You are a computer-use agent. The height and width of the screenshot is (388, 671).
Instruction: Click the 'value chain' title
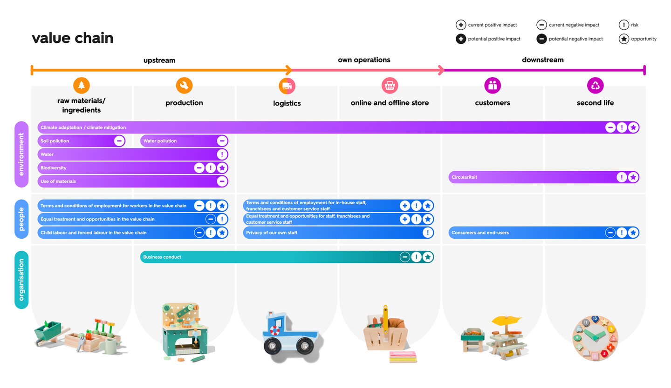(73, 38)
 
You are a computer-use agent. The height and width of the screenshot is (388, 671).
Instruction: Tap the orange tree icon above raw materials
(82, 86)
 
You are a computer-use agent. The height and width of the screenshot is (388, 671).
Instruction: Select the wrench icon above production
(184, 86)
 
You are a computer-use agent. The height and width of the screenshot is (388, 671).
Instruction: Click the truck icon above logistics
(287, 86)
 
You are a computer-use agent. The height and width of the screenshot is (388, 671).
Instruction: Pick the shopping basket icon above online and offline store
(390, 86)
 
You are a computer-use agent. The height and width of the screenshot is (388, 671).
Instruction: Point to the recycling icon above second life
(595, 86)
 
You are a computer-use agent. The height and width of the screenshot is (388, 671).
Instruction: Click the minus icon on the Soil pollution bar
(119, 141)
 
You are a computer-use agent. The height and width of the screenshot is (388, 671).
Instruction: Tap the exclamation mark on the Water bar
(222, 154)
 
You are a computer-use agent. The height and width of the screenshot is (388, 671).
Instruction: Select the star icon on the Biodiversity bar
(222, 168)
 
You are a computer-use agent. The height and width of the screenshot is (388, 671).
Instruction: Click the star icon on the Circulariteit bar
(633, 177)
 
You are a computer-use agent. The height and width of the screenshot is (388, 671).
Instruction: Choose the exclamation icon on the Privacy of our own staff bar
(428, 233)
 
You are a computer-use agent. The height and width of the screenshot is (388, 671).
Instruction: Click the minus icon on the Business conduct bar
(404, 257)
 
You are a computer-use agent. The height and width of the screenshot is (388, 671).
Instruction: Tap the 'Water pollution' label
(160, 141)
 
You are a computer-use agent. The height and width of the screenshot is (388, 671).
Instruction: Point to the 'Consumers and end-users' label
(480, 233)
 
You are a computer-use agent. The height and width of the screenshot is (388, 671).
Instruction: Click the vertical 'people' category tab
(21, 219)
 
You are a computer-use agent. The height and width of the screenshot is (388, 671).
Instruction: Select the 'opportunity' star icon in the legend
(623, 39)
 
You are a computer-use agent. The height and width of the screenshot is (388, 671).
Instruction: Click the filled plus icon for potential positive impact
(461, 39)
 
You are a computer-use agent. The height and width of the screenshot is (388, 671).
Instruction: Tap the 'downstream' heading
(542, 60)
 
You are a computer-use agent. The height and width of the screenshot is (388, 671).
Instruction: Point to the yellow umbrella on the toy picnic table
(507, 321)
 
